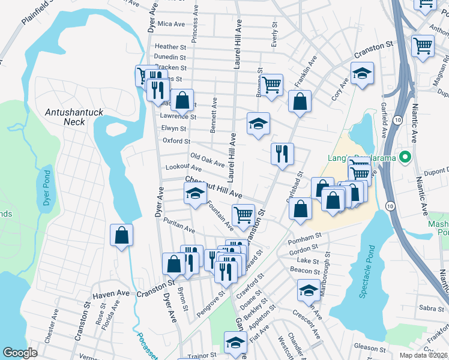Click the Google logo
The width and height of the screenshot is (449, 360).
point(20,353)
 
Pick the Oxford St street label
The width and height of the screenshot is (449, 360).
point(176,141)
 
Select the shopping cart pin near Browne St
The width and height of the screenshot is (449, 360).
point(271,85)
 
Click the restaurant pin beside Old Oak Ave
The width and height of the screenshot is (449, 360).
point(281,154)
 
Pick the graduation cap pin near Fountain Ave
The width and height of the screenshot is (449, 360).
point(194,194)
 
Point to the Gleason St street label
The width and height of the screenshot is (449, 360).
point(369,348)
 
